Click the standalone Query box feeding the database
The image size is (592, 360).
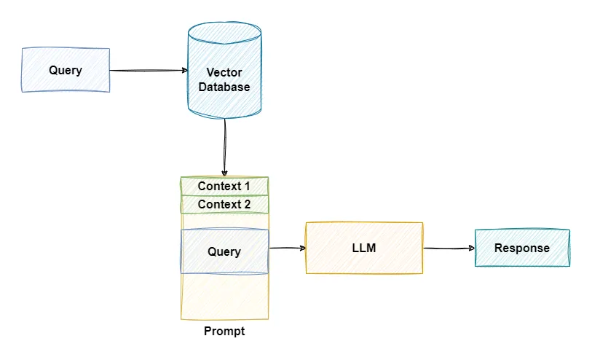point(66,70)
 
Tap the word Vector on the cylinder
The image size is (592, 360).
point(225,72)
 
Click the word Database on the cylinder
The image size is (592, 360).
point(225,87)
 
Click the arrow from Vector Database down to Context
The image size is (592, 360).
point(224,146)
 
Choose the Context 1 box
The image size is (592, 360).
point(224,186)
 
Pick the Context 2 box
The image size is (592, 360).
point(224,205)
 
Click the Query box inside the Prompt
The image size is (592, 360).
point(224,251)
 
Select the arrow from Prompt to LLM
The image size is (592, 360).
point(287,249)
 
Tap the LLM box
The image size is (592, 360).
point(363,248)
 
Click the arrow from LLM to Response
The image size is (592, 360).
point(449,249)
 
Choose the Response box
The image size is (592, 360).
point(522,248)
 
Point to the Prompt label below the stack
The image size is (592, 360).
point(224,332)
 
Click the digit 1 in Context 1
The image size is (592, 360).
point(247,186)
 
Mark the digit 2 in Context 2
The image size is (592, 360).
point(247,205)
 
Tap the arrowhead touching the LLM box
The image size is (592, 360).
point(301,249)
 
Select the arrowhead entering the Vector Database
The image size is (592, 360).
point(183,71)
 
